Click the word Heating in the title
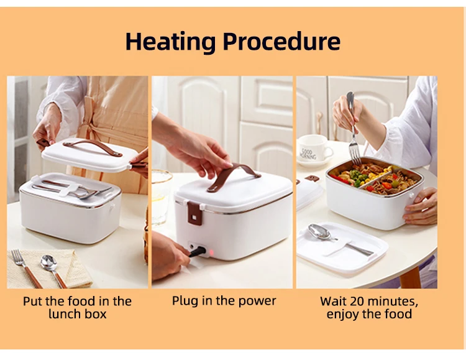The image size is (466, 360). click(x=170, y=42)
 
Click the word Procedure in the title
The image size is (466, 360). click(x=281, y=41)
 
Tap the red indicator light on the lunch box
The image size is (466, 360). click(x=211, y=253)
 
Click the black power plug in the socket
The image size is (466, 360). click(x=197, y=252)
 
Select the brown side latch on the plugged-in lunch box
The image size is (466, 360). click(x=194, y=213)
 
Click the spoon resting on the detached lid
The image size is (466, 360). click(x=339, y=239)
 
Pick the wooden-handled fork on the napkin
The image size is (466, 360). click(x=26, y=269)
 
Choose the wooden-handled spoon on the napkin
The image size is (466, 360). click(x=53, y=270)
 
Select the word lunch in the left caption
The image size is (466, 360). click(x=63, y=314)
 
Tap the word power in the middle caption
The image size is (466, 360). click(x=257, y=302)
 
